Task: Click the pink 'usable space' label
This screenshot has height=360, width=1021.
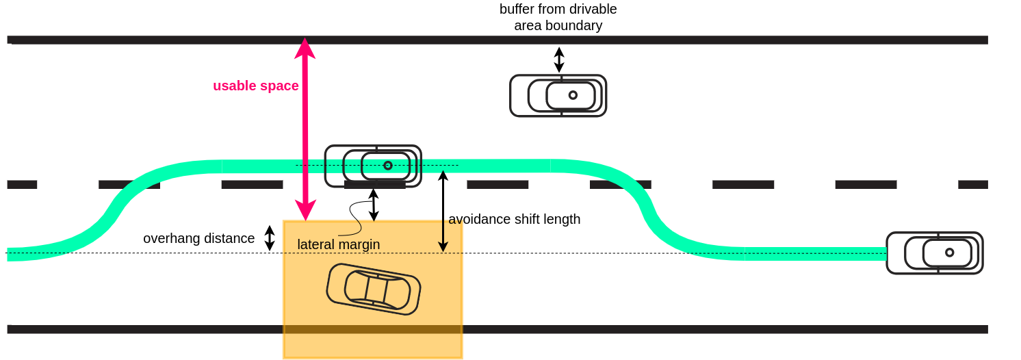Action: pos(255,86)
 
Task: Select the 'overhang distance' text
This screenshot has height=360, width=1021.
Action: pos(198,238)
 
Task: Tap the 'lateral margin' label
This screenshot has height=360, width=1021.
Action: pos(338,244)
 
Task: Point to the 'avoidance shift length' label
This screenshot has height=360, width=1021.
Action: pos(514,219)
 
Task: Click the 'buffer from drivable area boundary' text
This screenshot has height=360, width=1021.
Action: pos(558,17)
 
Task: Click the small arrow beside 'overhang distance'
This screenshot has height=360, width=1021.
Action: pos(270,238)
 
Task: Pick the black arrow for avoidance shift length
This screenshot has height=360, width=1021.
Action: pos(443,211)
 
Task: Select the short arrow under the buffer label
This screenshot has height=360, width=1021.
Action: pos(559,60)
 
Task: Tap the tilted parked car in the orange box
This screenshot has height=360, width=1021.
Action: pos(374,289)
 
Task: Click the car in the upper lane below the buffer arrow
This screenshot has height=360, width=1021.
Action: pos(558,96)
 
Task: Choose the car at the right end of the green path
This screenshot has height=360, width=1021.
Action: pos(934,253)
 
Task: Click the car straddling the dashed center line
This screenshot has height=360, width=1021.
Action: pos(373,166)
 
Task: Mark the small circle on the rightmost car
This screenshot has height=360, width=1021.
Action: pos(949,253)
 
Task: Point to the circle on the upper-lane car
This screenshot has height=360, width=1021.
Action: pos(573,95)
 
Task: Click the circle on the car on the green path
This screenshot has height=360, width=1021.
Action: pos(388,166)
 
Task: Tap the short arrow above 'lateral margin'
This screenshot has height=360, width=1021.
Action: pos(374,205)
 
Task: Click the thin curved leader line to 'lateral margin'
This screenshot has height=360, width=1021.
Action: pos(354,218)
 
